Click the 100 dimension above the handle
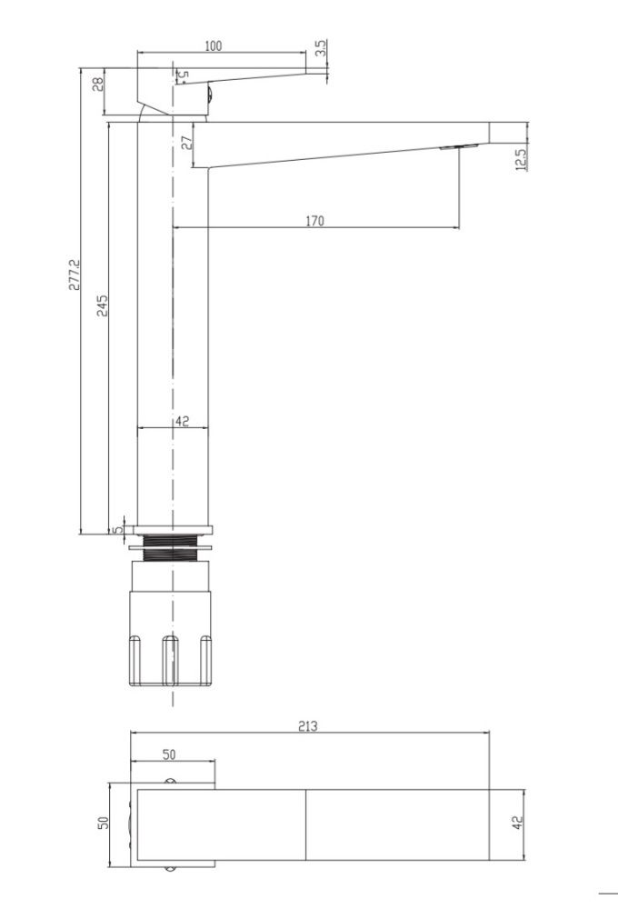point(214,45)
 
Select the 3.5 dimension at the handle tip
point(322,48)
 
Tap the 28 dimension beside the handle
point(98,84)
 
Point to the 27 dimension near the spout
point(186,143)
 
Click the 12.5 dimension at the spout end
point(521,159)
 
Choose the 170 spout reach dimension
point(314,221)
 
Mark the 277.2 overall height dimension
point(75,275)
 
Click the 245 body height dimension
point(102,305)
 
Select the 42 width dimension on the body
point(182,422)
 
